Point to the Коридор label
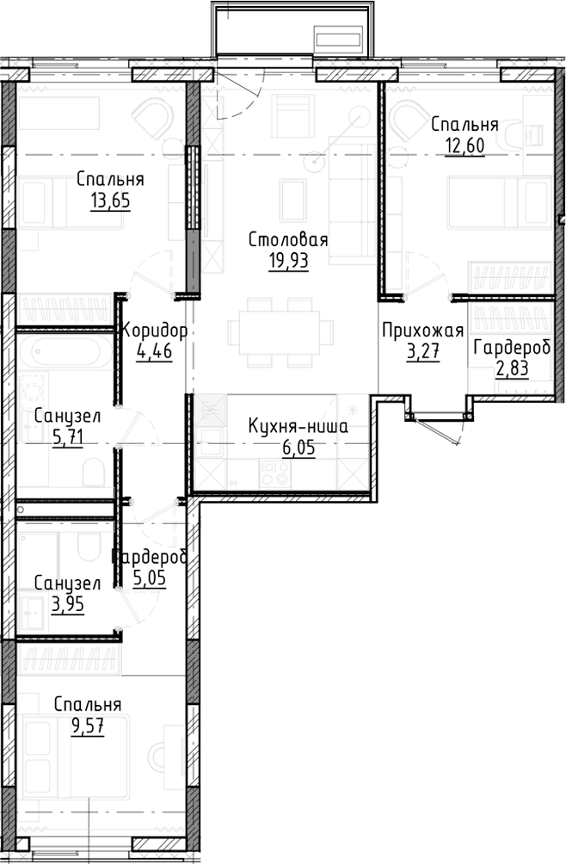coord(155,330)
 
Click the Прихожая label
coord(422,330)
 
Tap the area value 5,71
coord(68,437)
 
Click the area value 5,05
coord(150,578)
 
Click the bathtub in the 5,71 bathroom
coord(64,352)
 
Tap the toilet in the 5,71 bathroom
coord(94,471)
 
